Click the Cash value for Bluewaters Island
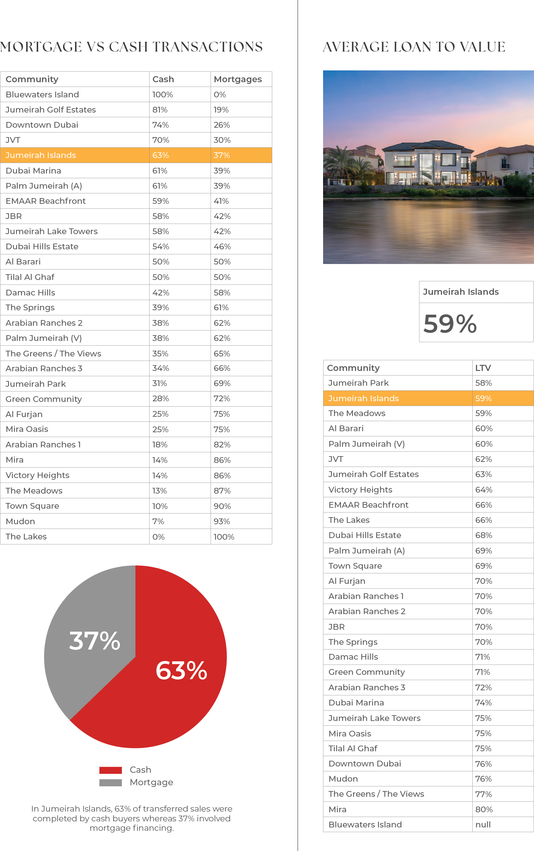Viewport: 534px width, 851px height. [162, 95]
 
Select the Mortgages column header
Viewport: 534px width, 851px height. [238, 79]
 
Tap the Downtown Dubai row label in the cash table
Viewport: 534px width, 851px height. [42, 125]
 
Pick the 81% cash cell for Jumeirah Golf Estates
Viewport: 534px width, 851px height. [160, 110]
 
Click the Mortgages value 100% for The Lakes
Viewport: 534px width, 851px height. [224, 537]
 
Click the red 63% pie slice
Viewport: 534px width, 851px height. [166, 678]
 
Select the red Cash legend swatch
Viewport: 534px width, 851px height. [111, 770]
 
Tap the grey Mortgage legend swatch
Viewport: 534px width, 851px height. [111, 783]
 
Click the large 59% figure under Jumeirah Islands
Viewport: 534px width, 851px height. [450, 323]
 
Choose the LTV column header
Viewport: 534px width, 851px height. [483, 368]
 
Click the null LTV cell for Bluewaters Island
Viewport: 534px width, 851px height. [483, 824]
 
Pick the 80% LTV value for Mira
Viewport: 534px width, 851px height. [484, 809]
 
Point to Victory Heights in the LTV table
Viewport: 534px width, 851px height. [360, 490]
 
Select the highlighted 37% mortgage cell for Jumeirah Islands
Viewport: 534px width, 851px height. [222, 155]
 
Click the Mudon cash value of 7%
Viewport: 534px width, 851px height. [158, 522]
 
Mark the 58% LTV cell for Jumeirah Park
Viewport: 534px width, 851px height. [483, 383]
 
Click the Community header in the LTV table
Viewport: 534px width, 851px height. [353, 368]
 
